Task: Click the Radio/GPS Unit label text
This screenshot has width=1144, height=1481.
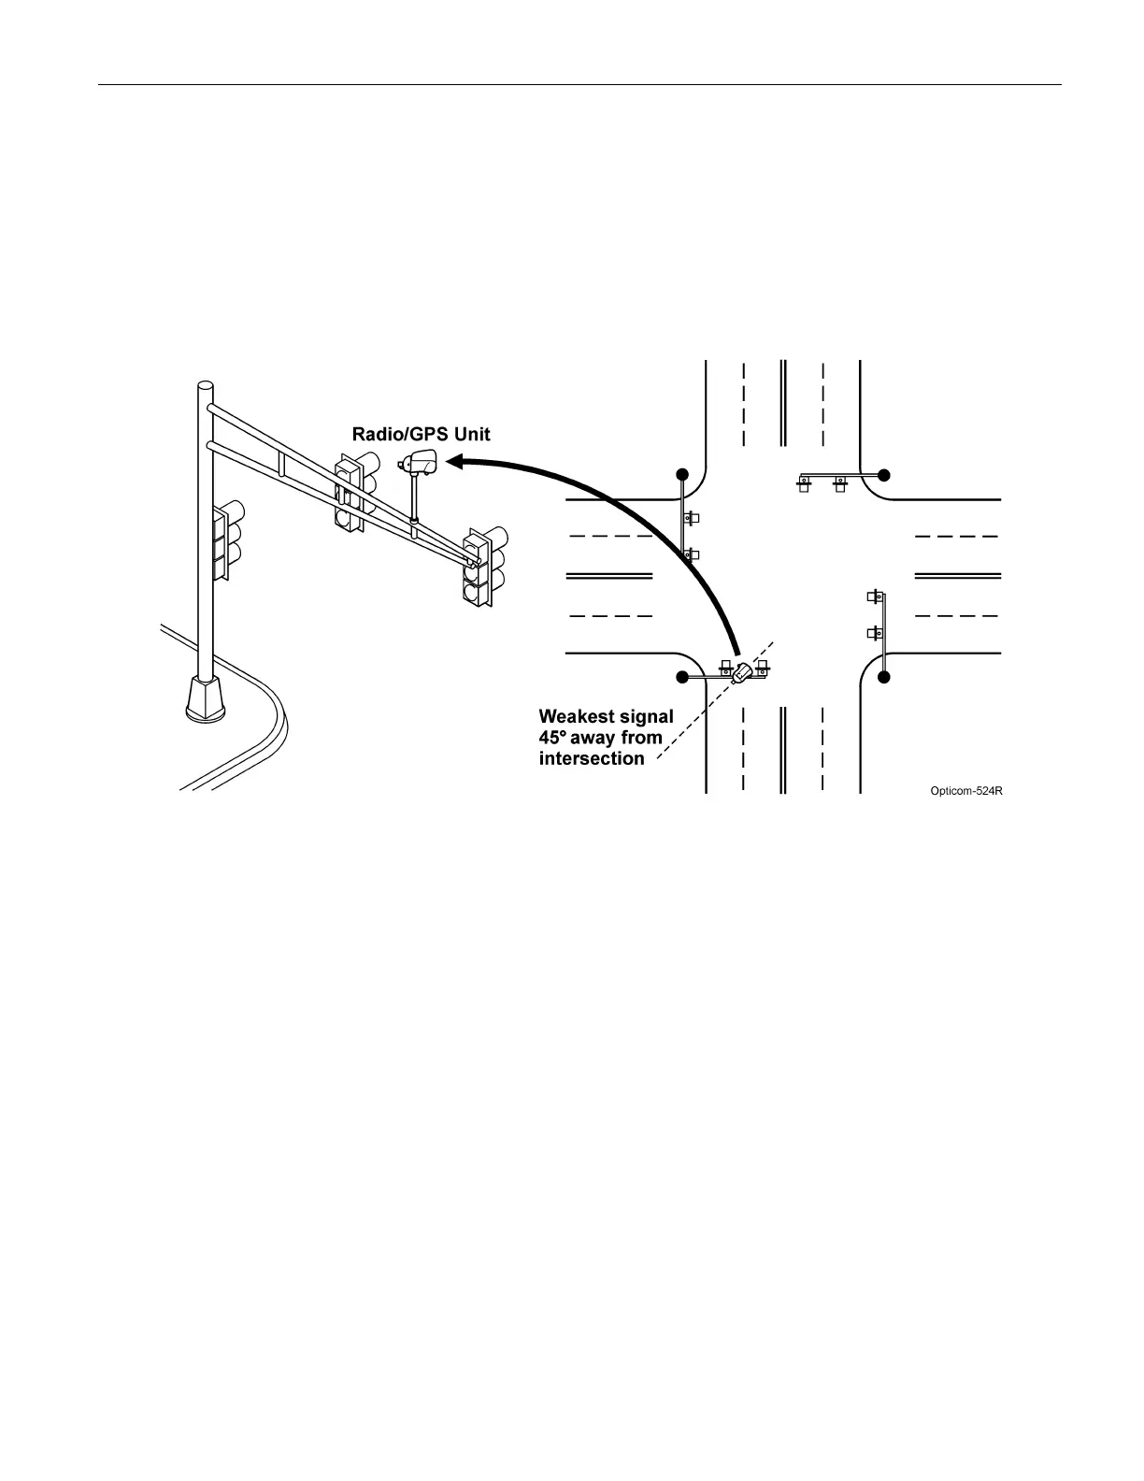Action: tap(421, 434)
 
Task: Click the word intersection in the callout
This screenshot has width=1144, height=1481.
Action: tap(592, 758)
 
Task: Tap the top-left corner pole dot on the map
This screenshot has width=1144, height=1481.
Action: tap(683, 474)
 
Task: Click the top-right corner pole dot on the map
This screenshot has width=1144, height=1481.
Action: tap(884, 474)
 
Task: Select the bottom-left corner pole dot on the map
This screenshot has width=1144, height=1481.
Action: tap(683, 677)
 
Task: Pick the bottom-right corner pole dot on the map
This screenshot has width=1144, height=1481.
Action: tap(884, 676)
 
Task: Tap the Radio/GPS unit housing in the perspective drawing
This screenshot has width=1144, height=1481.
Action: tap(419, 461)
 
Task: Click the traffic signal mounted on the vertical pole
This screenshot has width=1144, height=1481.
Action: tap(228, 540)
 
